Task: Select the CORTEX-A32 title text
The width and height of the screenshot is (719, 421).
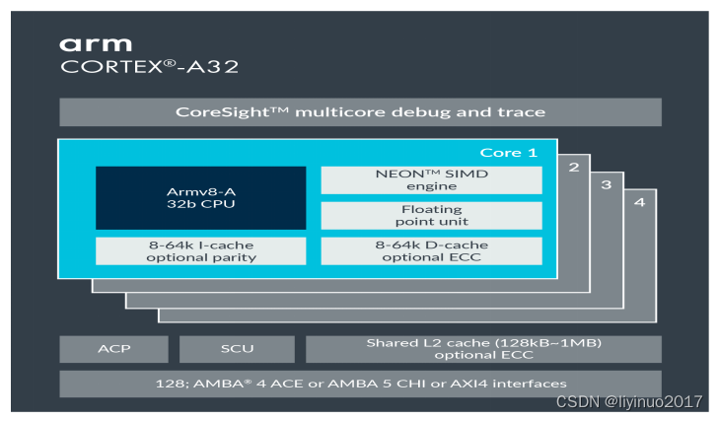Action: pos(149,68)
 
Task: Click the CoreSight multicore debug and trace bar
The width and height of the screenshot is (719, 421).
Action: pos(360,112)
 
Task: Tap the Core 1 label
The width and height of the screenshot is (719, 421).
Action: pos(508,153)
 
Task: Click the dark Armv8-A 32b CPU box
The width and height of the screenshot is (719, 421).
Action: pos(200,197)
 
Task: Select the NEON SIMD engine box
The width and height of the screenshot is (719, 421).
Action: pos(431,179)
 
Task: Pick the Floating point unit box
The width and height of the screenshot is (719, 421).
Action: pos(431,216)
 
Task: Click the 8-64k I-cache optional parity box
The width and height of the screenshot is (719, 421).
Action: pos(200,250)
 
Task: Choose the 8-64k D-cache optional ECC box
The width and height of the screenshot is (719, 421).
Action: pos(431,250)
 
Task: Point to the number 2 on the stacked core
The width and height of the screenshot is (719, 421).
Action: pos(573,167)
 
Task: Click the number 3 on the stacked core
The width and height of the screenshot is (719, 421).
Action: pos(606,184)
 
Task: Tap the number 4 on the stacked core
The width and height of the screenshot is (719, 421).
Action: pos(639,202)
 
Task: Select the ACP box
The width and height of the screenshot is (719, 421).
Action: pos(113,349)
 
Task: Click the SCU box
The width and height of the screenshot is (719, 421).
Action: pos(236,349)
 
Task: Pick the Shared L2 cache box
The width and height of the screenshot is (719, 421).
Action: pos(482,349)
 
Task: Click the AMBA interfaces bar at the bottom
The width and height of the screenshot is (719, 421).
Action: pos(360,383)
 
